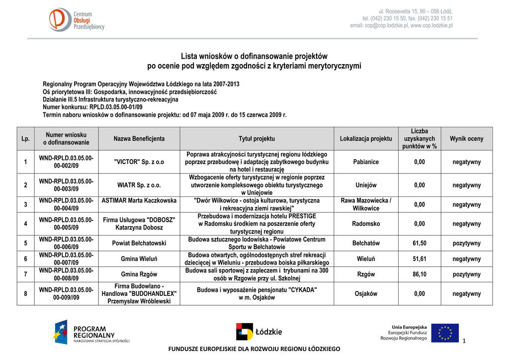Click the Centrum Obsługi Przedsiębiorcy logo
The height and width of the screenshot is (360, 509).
coord(77,21)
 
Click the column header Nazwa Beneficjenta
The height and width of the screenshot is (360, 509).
coord(139,139)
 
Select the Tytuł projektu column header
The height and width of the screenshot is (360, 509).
coord(256,139)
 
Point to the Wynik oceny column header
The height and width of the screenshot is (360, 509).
coord(466,139)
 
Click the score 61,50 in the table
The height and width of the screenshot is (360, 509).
coord(420,243)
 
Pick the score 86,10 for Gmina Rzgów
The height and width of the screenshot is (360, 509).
coord(420,274)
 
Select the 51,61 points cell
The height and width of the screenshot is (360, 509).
coord(420,259)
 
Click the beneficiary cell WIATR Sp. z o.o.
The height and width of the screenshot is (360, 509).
coord(139,185)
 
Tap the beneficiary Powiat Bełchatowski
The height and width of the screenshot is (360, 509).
coord(139,243)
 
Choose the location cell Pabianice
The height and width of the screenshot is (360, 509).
coord(366,162)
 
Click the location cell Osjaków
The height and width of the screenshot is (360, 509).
coord(366,293)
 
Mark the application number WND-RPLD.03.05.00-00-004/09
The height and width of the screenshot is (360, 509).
coord(66,204)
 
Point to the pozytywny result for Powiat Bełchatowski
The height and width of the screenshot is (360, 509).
coord(466,243)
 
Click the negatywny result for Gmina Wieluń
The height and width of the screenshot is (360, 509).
coord(466,259)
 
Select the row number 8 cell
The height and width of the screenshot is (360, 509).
coord(25,293)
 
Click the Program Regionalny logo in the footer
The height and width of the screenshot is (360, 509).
coord(92,332)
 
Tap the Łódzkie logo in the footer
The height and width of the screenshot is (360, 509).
coord(258,332)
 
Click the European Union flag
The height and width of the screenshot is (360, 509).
coord(444,333)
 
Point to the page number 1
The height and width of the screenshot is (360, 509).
coord(463,340)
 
